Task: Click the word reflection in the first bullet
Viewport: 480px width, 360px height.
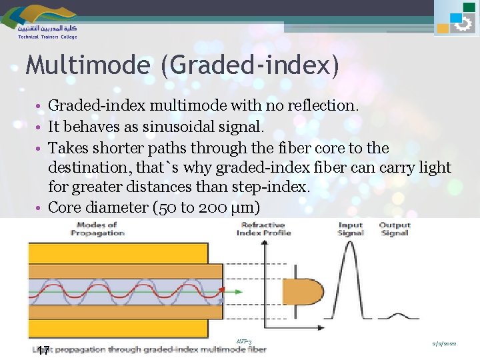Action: [x=321, y=105]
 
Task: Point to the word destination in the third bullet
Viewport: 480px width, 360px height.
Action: [x=88, y=167]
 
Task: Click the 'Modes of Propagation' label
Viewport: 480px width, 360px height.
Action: [x=97, y=229]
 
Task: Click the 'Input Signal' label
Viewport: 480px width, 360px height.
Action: [x=350, y=229]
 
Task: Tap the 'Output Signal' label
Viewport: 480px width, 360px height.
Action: [x=395, y=229]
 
